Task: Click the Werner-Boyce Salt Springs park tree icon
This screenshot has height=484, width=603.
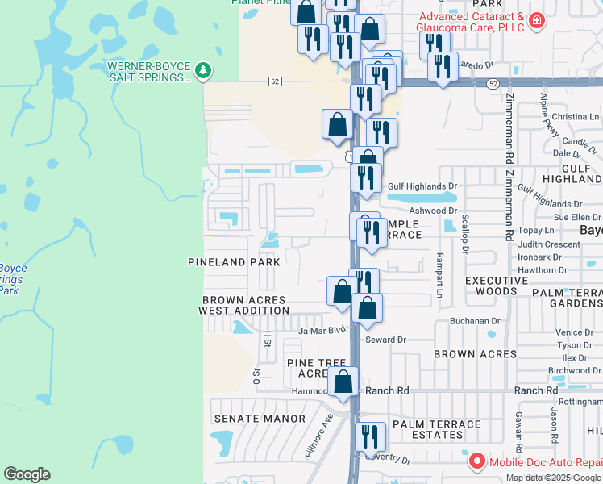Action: click(204, 71)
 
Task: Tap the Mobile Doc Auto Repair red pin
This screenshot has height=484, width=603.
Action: click(476, 462)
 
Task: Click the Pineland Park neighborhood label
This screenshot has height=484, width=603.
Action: click(234, 262)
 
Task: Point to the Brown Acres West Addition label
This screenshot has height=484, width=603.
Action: click(243, 305)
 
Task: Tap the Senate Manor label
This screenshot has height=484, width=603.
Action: click(260, 419)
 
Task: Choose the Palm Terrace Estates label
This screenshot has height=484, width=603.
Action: click(436, 430)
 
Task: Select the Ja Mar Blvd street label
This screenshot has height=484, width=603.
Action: click(322, 330)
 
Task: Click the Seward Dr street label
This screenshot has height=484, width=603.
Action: click(385, 340)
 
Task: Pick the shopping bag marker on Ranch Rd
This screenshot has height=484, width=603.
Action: click(343, 383)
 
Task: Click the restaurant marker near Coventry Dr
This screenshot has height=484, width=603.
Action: click(371, 437)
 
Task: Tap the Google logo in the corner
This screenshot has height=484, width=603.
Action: click(27, 474)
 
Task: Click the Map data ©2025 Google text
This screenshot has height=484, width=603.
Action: click(553, 478)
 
